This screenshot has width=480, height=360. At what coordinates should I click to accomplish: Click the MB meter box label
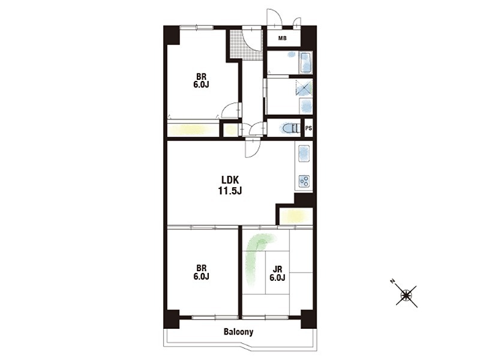coord(282,38)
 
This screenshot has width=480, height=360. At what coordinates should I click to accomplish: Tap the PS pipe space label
coord(308,128)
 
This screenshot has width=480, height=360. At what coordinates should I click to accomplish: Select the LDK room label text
coord(230,179)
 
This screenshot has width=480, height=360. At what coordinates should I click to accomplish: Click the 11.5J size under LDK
coord(230,191)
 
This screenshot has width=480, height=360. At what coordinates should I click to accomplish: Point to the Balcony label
coord(238,332)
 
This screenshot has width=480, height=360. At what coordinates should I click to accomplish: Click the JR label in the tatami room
coord(277,269)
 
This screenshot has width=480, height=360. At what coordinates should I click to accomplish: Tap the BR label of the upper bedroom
coord(201,77)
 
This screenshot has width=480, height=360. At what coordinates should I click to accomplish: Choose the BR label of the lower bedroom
coord(201,268)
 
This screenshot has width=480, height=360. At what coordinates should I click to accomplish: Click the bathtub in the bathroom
coord(305,62)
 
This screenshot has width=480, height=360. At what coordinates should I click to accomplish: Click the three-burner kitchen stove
coord(304,181)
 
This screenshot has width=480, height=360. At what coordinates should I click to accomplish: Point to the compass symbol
coord(407,296)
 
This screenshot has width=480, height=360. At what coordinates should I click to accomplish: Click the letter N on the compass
coord(392,281)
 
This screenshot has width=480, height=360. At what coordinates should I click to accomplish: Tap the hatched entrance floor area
coord(246,44)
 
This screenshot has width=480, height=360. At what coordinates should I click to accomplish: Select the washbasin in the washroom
coord(305,106)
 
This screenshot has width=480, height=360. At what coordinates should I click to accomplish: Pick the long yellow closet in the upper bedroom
coord(193,130)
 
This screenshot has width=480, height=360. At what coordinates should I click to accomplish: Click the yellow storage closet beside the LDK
coord(296,216)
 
